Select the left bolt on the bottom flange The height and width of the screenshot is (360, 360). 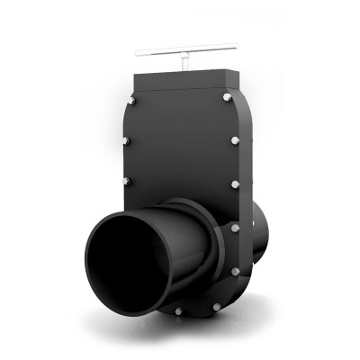tap(176, 312)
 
